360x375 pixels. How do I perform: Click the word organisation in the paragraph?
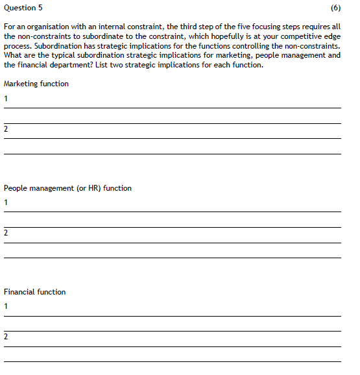(47, 27)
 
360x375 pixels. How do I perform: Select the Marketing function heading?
(36, 84)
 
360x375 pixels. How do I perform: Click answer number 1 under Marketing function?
(6, 99)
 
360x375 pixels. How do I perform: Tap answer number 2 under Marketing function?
(6, 129)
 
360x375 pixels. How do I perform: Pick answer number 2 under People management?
(6, 232)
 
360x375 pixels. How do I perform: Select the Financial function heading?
(35, 292)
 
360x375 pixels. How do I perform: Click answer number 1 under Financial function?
(6, 306)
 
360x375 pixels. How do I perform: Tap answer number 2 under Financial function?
(6, 337)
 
